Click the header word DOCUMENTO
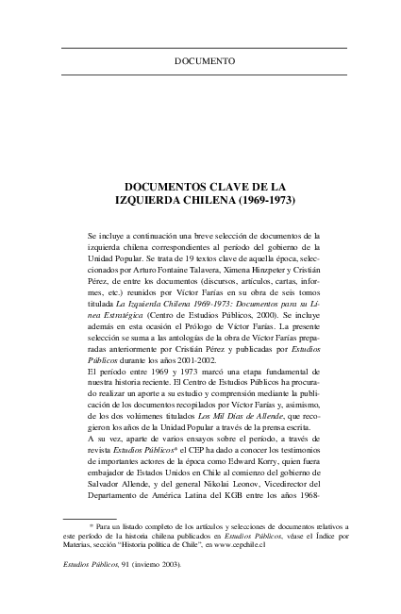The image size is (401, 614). click(205, 61)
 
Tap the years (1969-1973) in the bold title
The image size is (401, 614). click(250, 202)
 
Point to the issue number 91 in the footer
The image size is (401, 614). click(147, 566)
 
